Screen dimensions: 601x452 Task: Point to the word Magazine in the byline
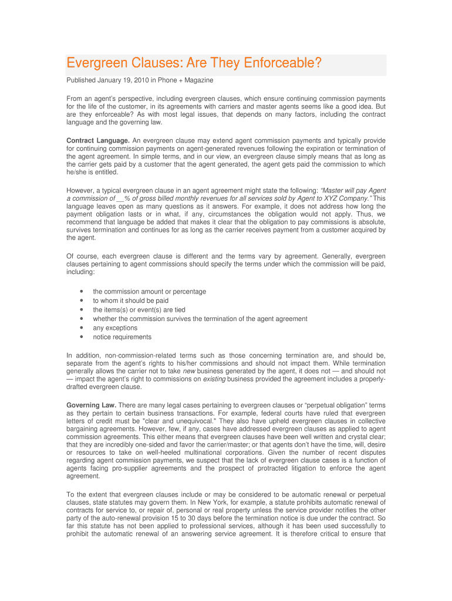pyautogui.click(x=200, y=80)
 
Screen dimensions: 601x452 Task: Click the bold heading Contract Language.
pyautogui.click(x=97, y=141)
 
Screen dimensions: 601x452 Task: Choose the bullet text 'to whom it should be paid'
pyautogui.click(x=130, y=300)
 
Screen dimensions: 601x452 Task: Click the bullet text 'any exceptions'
pyautogui.click(x=115, y=328)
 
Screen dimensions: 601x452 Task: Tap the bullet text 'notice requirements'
pyautogui.click(x=122, y=337)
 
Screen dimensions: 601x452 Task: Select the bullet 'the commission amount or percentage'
pyautogui.click(x=149, y=292)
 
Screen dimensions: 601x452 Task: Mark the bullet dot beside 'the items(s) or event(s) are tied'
pyautogui.click(x=80, y=310)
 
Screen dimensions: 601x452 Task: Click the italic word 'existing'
pyautogui.click(x=214, y=379)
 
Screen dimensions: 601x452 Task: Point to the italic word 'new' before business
pyautogui.click(x=189, y=372)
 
